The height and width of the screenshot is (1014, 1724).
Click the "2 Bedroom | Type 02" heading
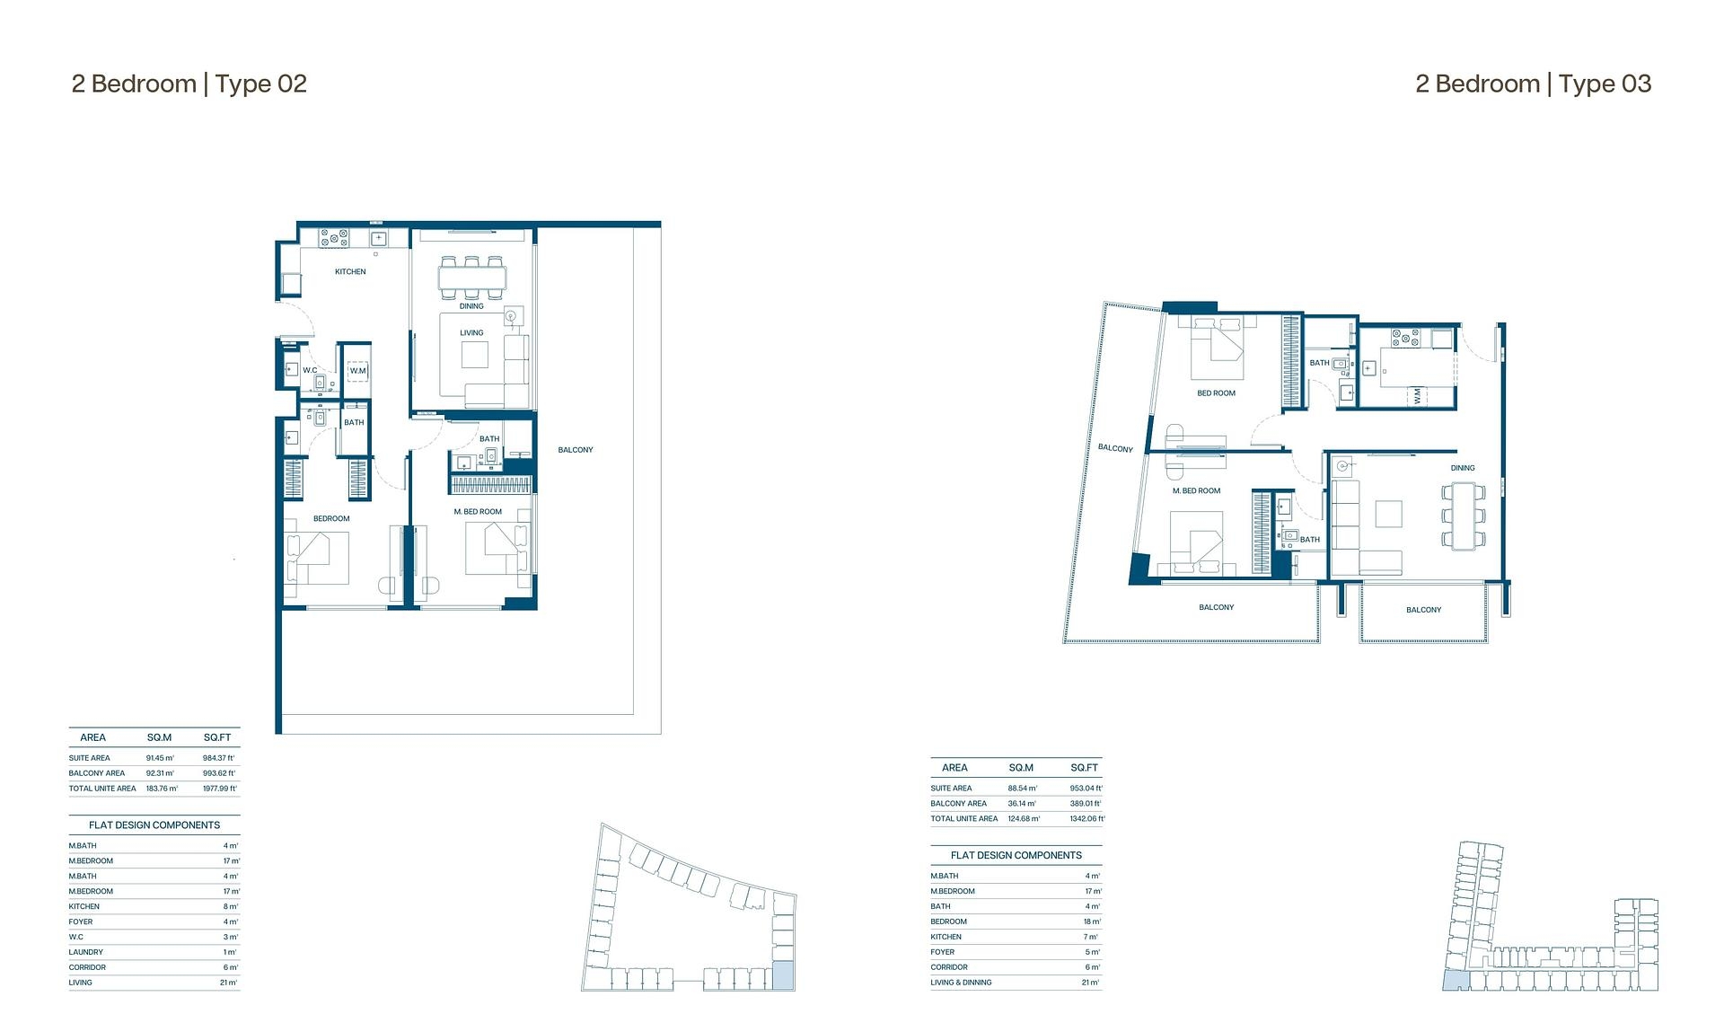tap(189, 84)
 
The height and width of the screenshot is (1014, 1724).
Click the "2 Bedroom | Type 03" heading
tap(1533, 84)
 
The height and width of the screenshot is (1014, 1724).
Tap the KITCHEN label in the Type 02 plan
tap(350, 271)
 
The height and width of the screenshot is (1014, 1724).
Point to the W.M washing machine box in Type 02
tap(357, 370)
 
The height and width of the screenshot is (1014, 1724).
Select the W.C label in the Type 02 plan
tap(309, 370)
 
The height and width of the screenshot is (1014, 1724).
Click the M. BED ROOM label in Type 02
tap(478, 512)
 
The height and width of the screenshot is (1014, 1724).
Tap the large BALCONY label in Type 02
tap(576, 450)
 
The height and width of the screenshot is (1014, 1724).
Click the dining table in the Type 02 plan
tap(472, 277)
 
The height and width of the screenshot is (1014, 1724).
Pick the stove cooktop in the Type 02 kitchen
tap(334, 238)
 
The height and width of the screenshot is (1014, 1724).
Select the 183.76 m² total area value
tap(162, 789)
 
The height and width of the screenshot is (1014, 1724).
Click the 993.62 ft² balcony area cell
tap(218, 773)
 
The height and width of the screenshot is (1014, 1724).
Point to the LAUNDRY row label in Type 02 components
tap(85, 952)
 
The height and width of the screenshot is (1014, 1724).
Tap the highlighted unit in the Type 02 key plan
tap(783, 976)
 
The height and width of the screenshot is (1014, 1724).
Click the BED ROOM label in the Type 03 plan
tap(1216, 393)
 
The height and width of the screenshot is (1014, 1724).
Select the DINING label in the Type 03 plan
tap(1462, 468)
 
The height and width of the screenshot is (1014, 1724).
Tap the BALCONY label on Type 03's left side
tap(1115, 448)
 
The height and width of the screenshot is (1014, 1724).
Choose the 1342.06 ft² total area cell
tap(1086, 819)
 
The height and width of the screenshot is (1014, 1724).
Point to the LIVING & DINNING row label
tap(961, 983)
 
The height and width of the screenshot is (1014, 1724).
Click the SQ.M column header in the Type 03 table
tap(1021, 768)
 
